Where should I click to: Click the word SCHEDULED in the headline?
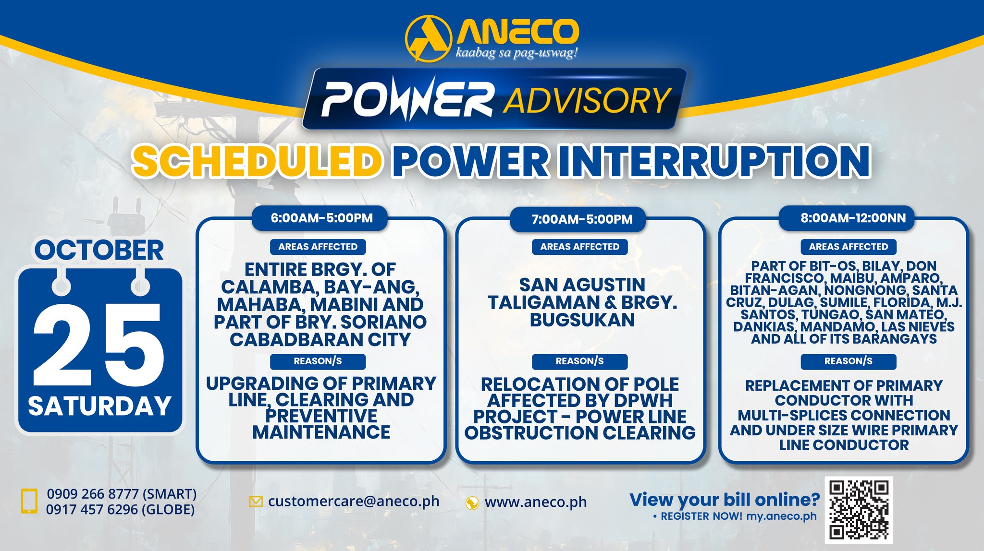258,161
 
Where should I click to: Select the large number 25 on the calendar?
99,345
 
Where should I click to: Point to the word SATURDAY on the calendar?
99,406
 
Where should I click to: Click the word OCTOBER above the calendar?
99,250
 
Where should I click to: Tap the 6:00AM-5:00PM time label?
321,218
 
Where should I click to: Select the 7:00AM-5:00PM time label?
582,219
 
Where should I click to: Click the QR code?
859,510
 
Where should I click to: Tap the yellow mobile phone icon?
29,501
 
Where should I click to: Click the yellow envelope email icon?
256,502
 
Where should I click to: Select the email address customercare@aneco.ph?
354,501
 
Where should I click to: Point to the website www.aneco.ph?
536,502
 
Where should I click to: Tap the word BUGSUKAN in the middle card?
582,320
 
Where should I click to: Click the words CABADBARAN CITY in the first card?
320,340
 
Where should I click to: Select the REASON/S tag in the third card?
849,361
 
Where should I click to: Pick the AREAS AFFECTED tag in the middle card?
580,247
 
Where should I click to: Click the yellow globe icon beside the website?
472,503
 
